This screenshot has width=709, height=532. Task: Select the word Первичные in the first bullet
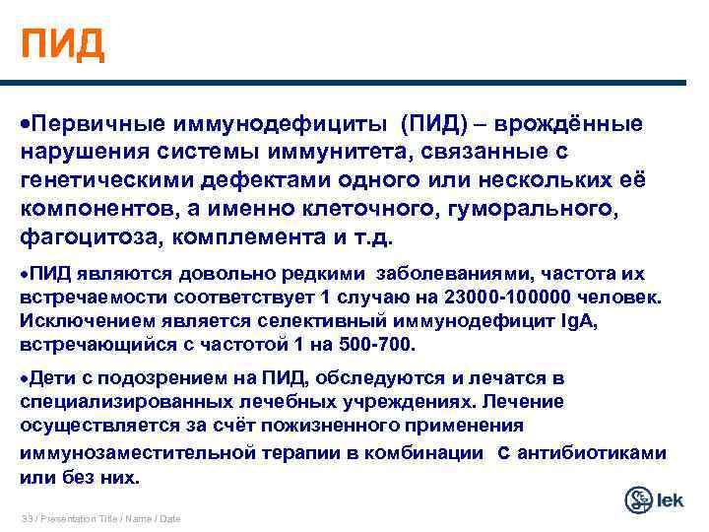89,125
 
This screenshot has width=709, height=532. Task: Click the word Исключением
77,320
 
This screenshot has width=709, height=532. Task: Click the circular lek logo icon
640,499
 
